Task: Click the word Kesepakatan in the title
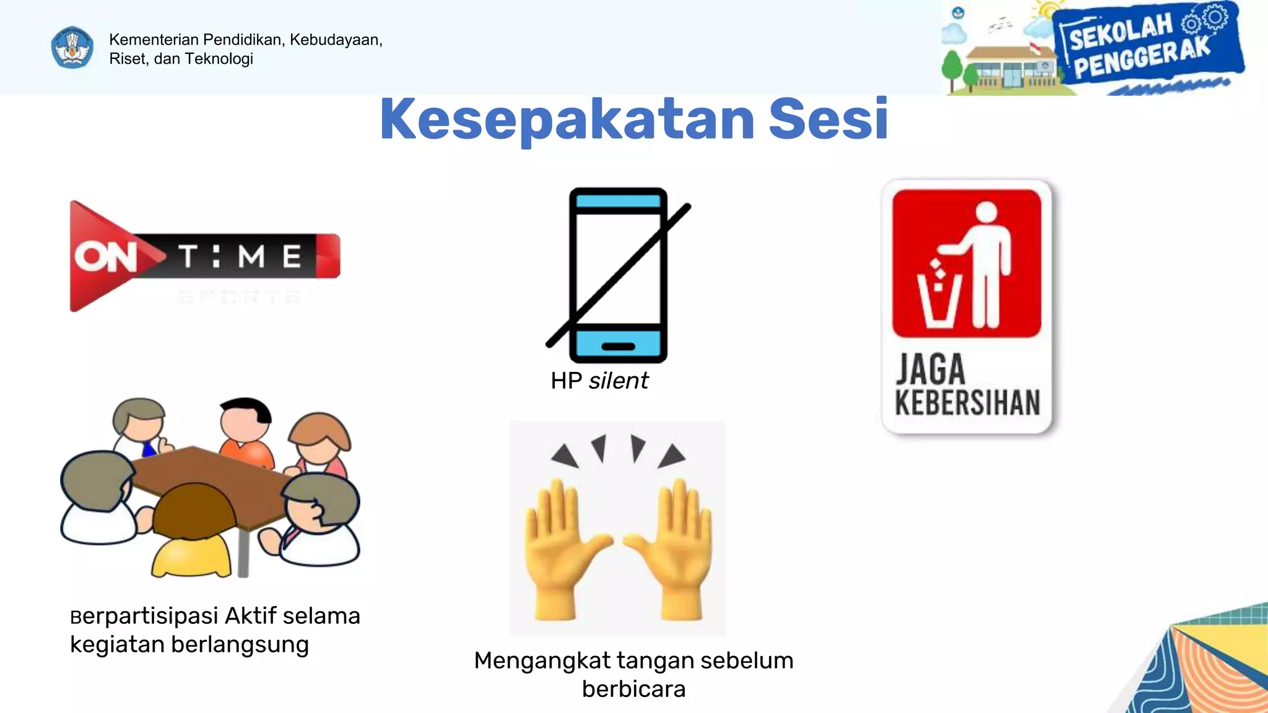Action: pos(567,119)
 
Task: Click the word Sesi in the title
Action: pos(828,119)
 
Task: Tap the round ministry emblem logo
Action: pos(72,48)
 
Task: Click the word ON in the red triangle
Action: pos(105,256)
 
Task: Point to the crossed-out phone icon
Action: pos(618,274)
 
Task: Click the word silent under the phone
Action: pos(618,381)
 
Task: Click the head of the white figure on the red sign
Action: pos(986,213)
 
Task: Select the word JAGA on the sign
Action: pos(931,370)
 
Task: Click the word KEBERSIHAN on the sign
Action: pos(967,403)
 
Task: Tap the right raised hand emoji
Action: pos(673,548)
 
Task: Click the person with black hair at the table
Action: pos(246,427)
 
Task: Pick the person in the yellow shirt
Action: pos(192,532)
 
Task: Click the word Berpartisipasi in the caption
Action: pos(144,616)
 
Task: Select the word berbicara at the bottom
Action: pos(633,689)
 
